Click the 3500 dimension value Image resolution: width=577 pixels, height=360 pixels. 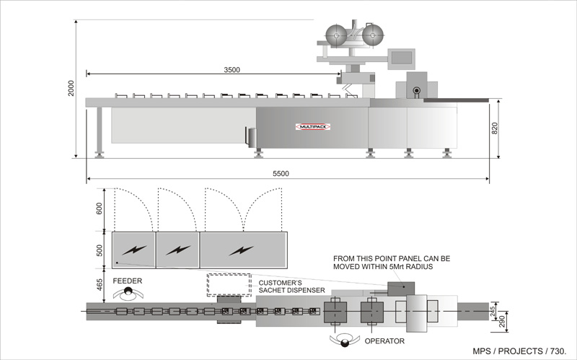(232, 70)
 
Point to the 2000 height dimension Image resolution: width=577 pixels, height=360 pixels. (71, 88)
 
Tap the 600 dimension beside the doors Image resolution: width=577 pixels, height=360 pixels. (100, 208)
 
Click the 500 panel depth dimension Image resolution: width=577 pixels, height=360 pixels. (100, 250)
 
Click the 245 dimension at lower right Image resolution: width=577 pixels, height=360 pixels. (493, 310)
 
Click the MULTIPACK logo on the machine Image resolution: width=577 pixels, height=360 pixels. (312, 127)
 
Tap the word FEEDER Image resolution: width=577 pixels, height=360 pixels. (127, 280)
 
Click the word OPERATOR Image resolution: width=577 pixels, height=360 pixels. (384, 341)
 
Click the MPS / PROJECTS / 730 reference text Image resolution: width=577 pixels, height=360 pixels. (517, 351)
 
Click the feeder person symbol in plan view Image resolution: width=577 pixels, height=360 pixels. (128, 293)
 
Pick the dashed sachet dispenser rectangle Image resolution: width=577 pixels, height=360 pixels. (229, 284)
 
